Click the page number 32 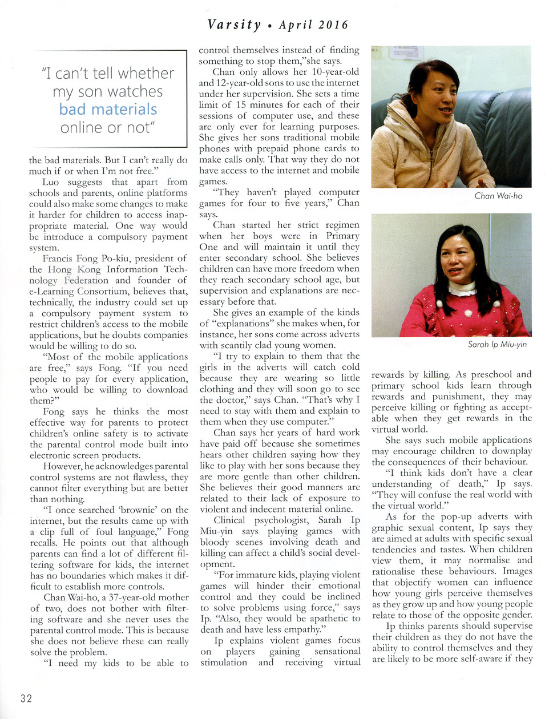pyautogui.click(x=26, y=698)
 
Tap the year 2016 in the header pyautogui.click(x=333, y=25)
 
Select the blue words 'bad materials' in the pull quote pyautogui.click(x=108, y=109)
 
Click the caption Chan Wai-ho pyautogui.click(x=498, y=196)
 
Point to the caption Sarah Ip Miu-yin pyautogui.click(x=497, y=344)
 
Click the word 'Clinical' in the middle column pyautogui.click(x=229, y=520)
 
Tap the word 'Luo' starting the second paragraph pyautogui.click(x=51, y=181)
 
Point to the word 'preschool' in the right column pyautogui.click(x=491, y=374)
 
